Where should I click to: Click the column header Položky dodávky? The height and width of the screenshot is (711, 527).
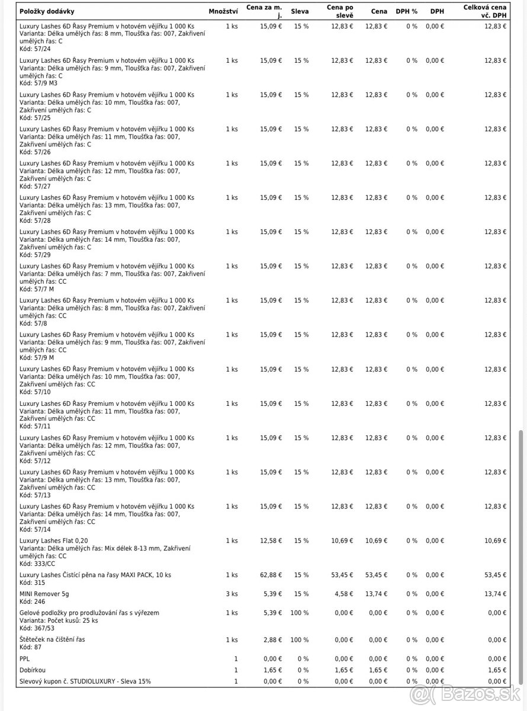(x=47, y=11)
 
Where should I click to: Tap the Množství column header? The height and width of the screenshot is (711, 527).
(x=223, y=11)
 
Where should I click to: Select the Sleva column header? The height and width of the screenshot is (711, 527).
(x=300, y=11)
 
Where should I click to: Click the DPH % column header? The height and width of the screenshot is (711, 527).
(x=406, y=11)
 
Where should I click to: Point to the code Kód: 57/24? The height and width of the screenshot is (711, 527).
(x=35, y=49)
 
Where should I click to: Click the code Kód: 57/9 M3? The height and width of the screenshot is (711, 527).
(x=39, y=83)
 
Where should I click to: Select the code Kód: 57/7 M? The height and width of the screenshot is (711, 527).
(x=37, y=289)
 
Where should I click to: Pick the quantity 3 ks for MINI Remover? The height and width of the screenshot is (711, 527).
(x=232, y=593)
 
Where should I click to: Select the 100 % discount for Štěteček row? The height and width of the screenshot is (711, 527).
(x=300, y=640)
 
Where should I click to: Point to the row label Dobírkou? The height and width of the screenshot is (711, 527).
(x=32, y=670)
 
